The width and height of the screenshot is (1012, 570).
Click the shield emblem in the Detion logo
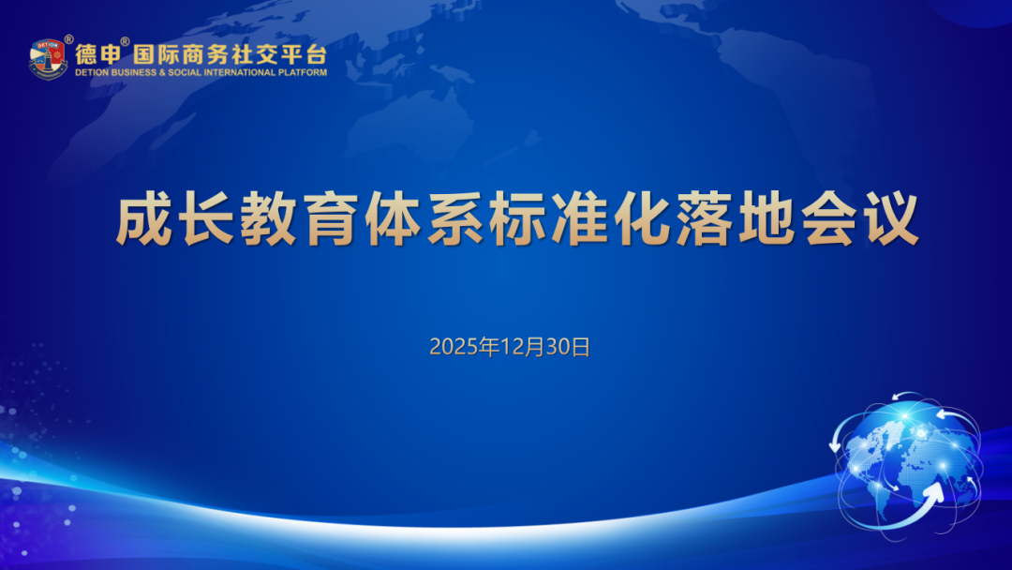[47, 58]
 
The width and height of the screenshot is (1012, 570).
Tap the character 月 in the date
[534, 347]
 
